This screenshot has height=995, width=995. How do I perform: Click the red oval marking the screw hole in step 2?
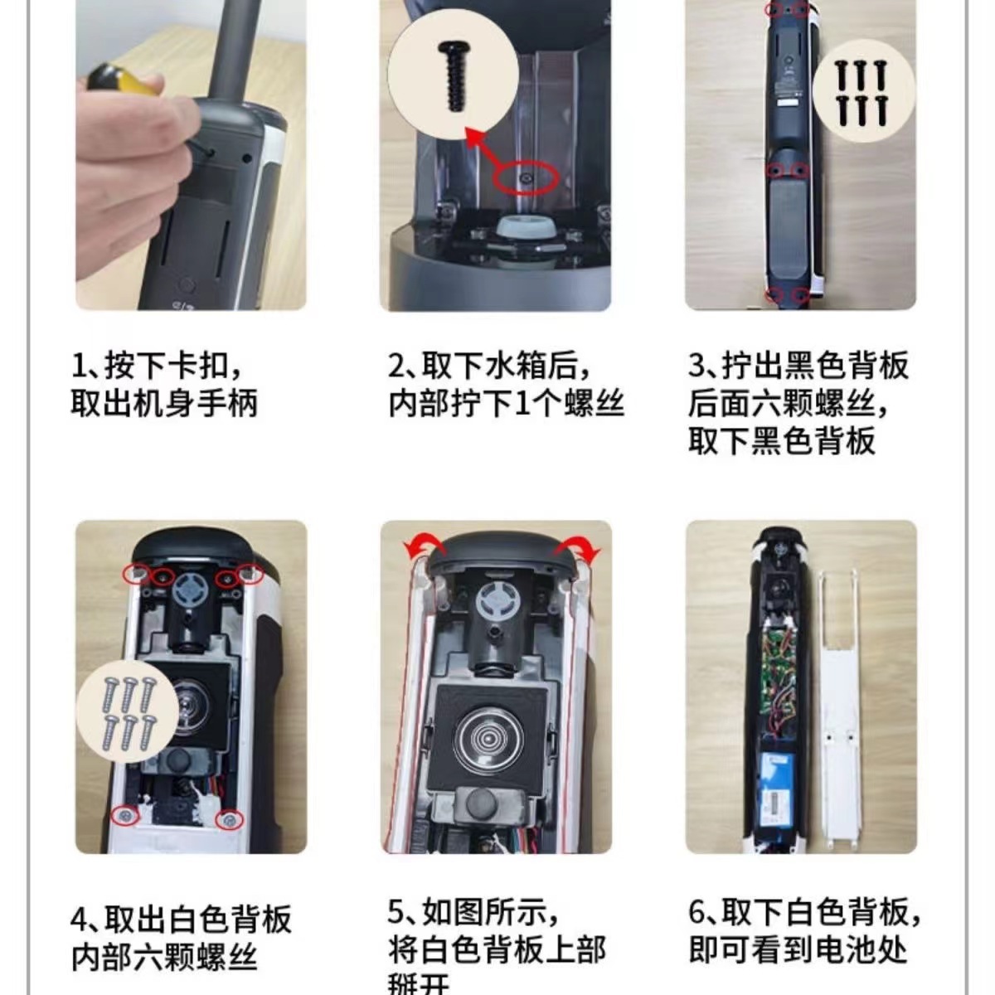(524, 177)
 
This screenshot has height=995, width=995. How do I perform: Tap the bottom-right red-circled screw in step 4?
(228, 819)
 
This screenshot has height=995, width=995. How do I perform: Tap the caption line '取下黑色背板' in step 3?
(781, 439)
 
